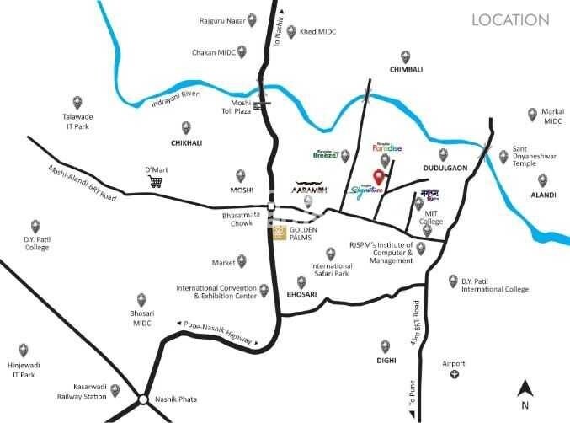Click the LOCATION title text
pyautogui.click(x=510, y=19)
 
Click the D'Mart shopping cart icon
pyautogui.click(x=155, y=181)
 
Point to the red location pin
pyautogui.click(x=379, y=177)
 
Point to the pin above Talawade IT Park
pyautogui.click(x=77, y=102)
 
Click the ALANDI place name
pyautogui.click(x=543, y=195)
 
